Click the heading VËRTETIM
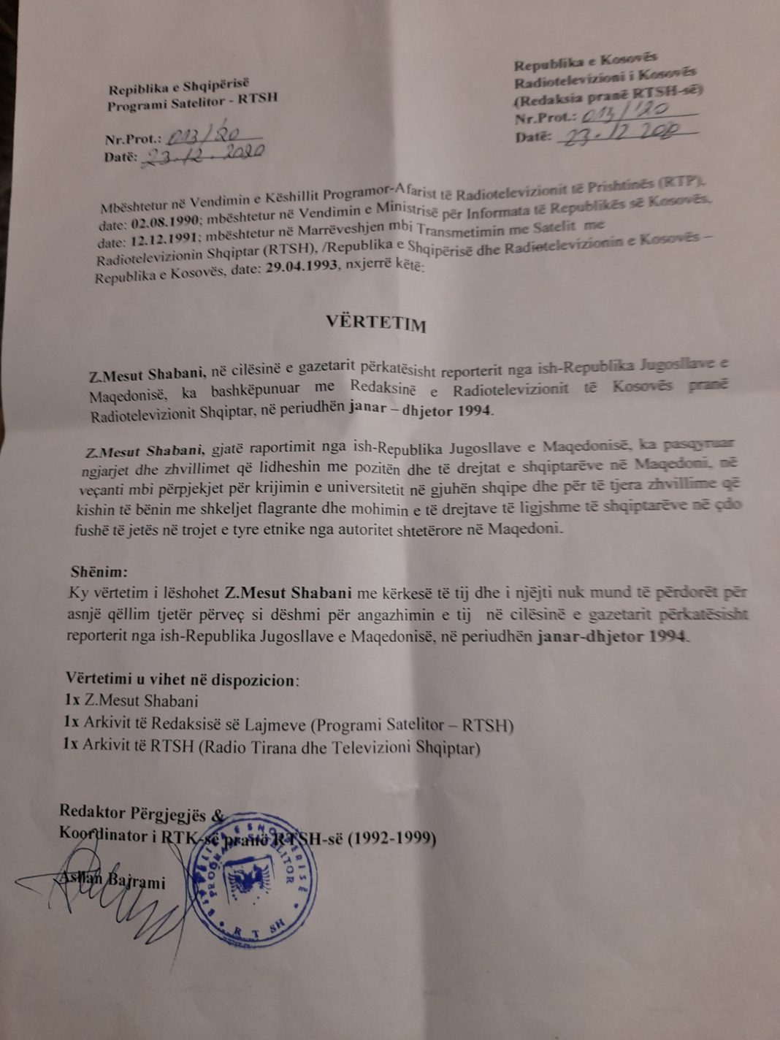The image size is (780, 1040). click(375, 322)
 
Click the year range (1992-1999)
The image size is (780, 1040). click(391, 837)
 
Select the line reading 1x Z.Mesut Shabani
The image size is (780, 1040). click(131, 701)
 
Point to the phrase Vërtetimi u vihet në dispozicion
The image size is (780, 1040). click(182, 679)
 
